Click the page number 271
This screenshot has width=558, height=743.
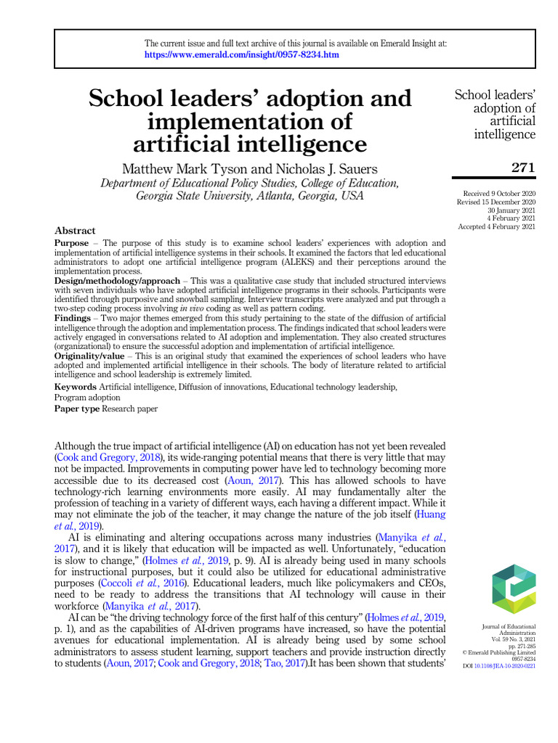(x=522, y=168)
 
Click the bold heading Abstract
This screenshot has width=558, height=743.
(x=75, y=231)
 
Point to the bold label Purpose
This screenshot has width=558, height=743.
(x=72, y=242)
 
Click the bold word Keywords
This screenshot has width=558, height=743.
(x=76, y=387)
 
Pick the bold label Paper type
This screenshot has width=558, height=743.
(x=77, y=409)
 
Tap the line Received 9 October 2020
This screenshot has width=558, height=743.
(x=499, y=194)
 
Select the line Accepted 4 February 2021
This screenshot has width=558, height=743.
(x=496, y=226)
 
